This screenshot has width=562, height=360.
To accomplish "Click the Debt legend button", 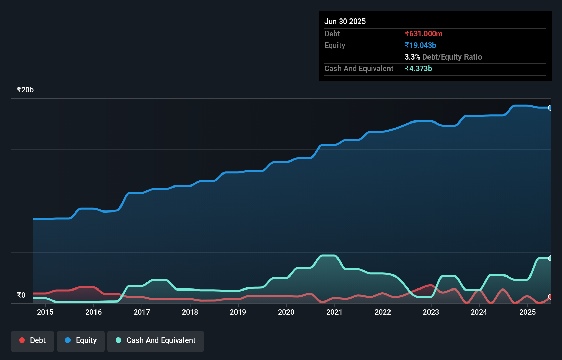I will point(33,340).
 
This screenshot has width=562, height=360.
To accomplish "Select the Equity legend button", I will point(81,340).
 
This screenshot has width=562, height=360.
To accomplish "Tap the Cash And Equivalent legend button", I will point(156,340).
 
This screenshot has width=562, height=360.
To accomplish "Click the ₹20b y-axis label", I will point(25,90).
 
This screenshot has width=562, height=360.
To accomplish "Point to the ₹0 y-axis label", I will point(21,295).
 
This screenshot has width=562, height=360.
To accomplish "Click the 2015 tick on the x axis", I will point(45,312).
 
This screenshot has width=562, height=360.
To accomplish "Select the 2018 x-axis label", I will point(190,312).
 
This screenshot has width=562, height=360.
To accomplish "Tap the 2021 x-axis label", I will point(334,312).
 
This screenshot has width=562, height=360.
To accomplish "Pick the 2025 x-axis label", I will point(527,312).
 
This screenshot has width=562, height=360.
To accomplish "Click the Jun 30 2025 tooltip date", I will point(345,21).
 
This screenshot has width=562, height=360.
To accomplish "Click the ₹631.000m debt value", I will point(423,34).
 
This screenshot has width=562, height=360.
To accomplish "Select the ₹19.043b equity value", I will point(420,45).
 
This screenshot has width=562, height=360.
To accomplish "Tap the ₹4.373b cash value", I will point(418,68).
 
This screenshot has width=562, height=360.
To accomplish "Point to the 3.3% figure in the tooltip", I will point(412,57).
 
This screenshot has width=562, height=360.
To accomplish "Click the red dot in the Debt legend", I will point(22,340).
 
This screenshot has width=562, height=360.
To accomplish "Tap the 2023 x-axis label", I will point(431,312).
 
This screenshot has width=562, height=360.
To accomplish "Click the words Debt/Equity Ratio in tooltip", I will point(452,57).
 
